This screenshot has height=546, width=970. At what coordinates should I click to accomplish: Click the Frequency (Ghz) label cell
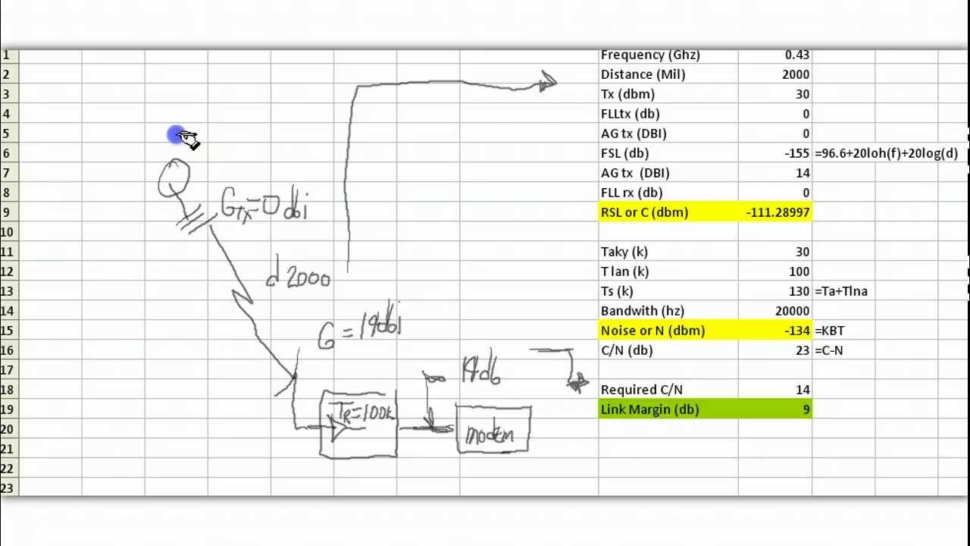pos(650,55)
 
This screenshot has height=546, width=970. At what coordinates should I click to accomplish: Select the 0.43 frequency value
pos(797,55)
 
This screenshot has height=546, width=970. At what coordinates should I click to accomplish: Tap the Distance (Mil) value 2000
pos(795,74)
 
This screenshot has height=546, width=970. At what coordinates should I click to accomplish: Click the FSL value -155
pos(796,153)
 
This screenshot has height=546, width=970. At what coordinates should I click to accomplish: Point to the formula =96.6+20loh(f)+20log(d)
pos(886,153)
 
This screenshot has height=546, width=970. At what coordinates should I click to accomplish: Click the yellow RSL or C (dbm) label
pos(644,212)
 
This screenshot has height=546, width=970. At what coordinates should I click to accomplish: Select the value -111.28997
pos(778,212)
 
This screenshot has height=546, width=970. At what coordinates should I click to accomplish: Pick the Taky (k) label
pos(624,252)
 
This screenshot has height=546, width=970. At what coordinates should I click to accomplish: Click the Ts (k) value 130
pos(799,291)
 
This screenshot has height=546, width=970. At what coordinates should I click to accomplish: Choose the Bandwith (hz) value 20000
pos(792,311)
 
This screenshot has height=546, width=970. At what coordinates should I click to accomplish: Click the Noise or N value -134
pos(796,331)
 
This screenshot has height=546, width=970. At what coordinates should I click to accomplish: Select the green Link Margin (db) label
pos(649,409)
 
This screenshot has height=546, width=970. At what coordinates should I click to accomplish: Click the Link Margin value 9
pos(806,409)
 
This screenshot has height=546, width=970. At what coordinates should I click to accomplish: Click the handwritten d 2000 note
pos(299,279)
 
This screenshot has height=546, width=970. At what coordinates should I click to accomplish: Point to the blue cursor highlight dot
pos(176,135)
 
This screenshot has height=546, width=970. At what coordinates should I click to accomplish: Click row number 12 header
pos(7,271)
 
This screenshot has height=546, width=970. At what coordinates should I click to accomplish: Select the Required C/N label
pos(641,390)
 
